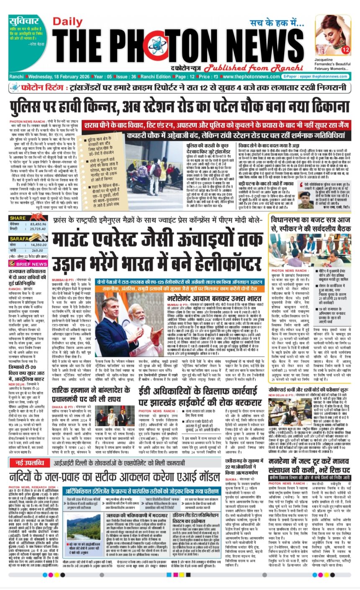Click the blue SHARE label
coord(18,218)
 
